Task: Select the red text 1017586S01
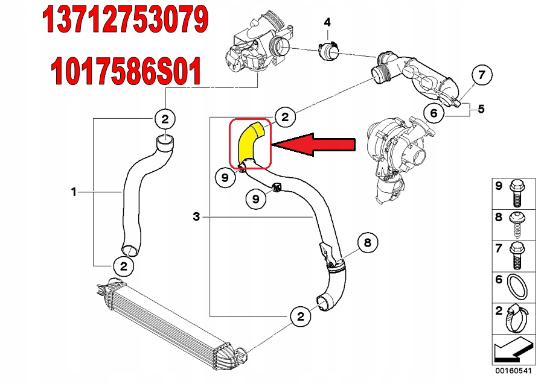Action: coord(125,72)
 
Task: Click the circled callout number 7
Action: coord(481,76)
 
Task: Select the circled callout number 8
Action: coord(367,243)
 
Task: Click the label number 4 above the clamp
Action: coord(327,22)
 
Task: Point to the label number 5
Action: coord(481,109)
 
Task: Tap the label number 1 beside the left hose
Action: coord(74,192)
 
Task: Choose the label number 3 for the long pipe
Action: coord(196,216)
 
